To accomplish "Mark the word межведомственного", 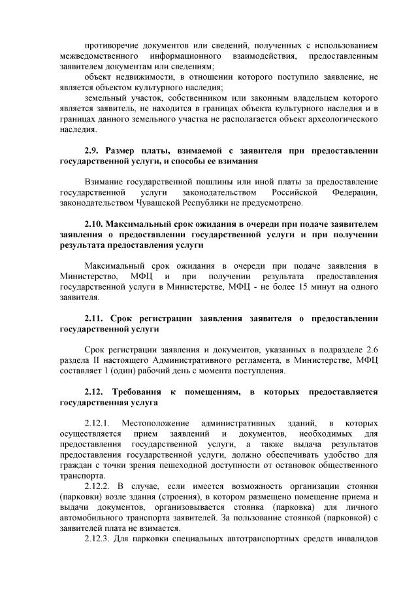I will point(99,57).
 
